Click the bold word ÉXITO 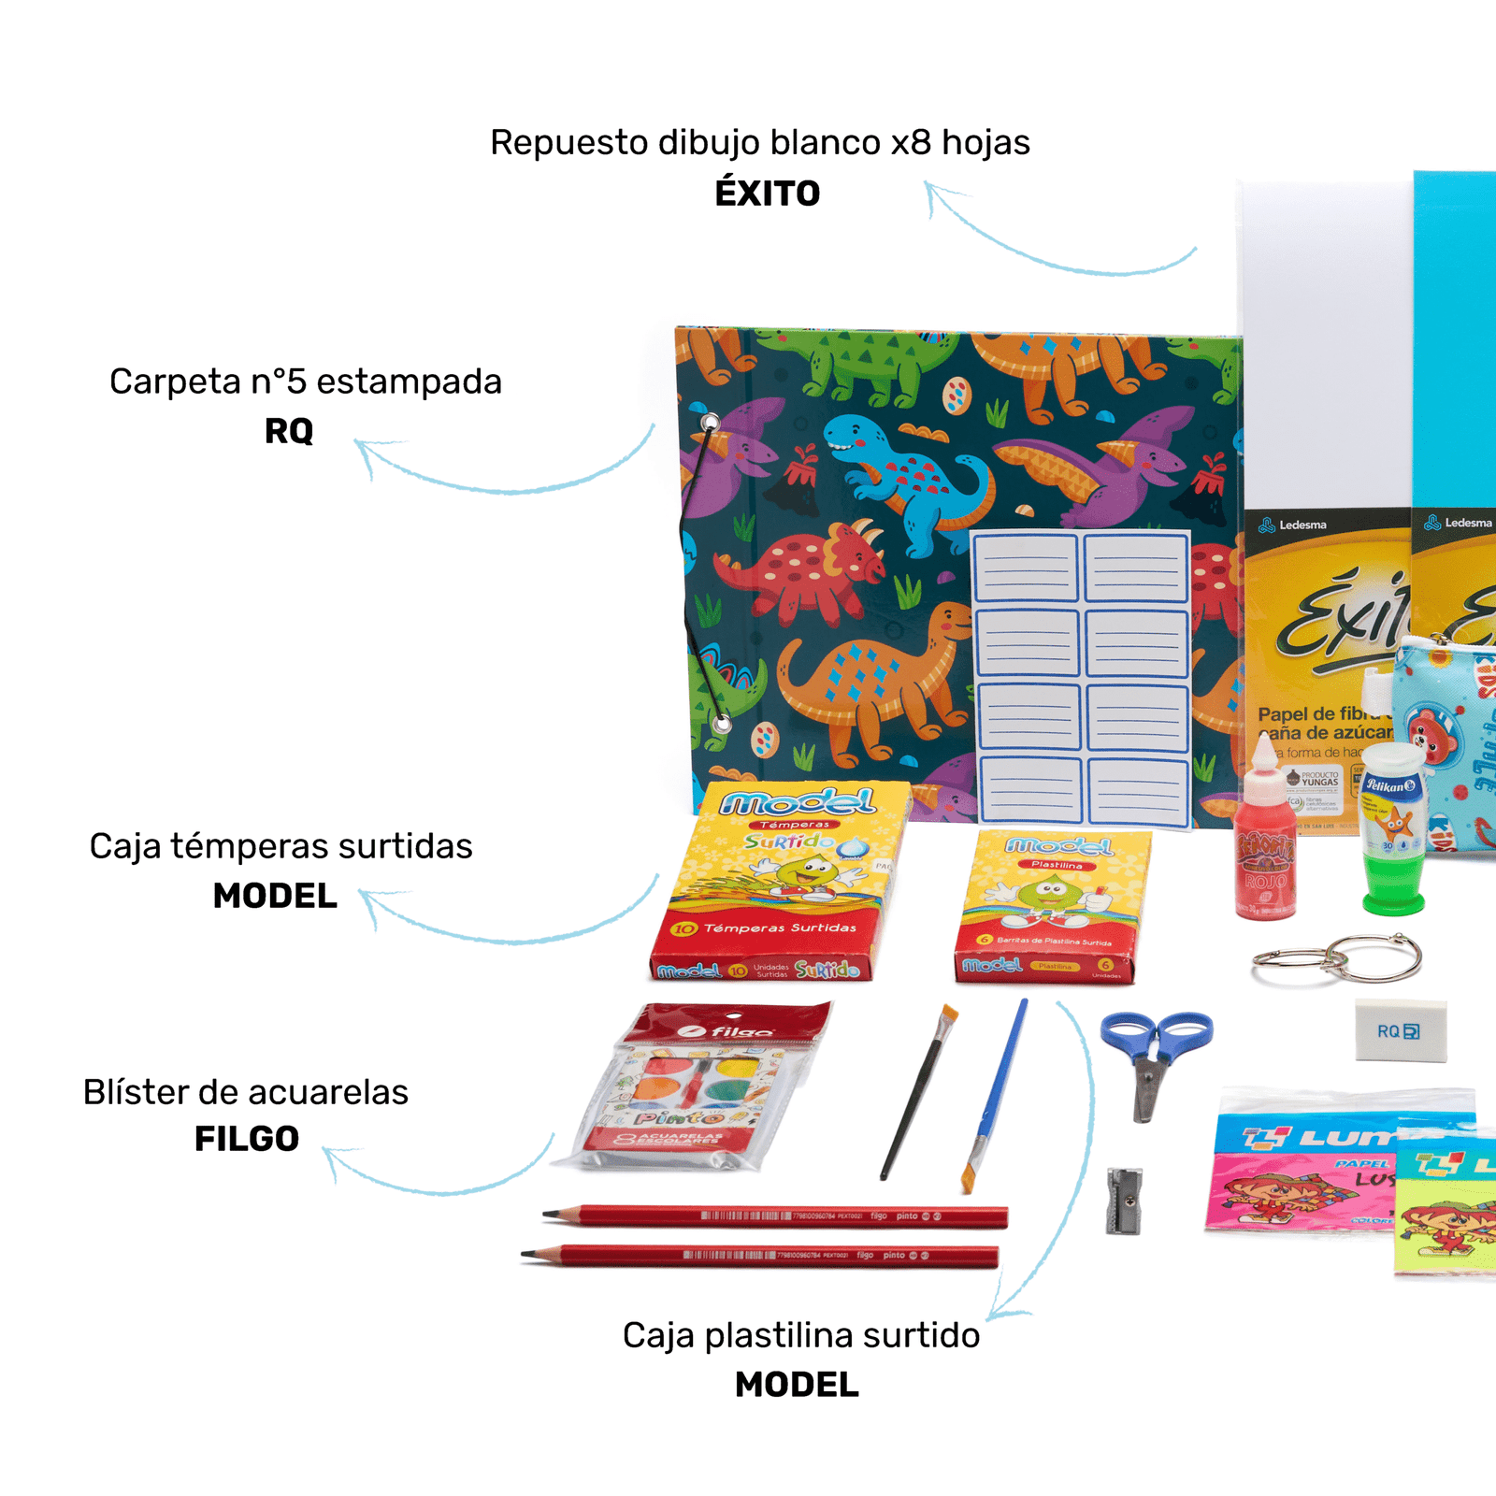click(x=767, y=194)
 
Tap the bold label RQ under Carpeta click(x=289, y=431)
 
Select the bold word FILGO click(x=247, y=1139)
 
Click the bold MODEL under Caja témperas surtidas click(x=275, y=896)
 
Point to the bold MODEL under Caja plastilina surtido click(x=797, y=1385)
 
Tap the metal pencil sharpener click(x=1124, y=1200)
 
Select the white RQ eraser click(x=1400, y=1030)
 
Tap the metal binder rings click(x=1337, y=959)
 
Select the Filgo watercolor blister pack click(x=697, y=1089)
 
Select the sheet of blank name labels click(x=1081, y=678)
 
